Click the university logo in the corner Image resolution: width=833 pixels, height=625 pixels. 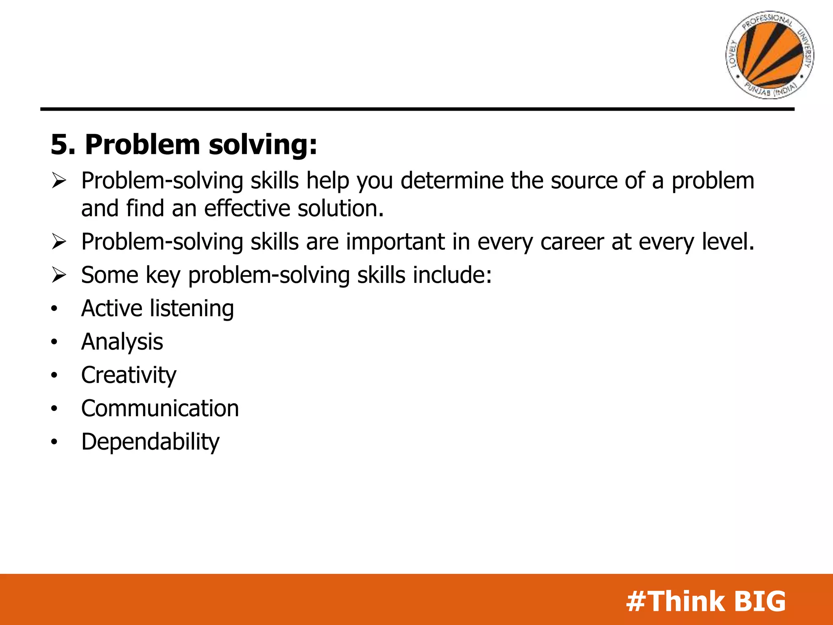click(770, 55)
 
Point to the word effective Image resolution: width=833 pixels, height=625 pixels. click(247, 208)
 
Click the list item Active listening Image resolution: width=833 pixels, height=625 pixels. click(157, 308)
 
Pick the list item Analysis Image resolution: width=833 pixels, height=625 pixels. click(122, 342)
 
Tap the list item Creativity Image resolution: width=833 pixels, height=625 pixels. click(129, 375)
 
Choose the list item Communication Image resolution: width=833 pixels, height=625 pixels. click(160, 409)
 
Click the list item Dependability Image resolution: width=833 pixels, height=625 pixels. click(150, 442)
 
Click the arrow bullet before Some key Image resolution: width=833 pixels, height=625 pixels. click(59, 275)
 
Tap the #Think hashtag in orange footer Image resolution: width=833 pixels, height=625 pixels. click(675, 601)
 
